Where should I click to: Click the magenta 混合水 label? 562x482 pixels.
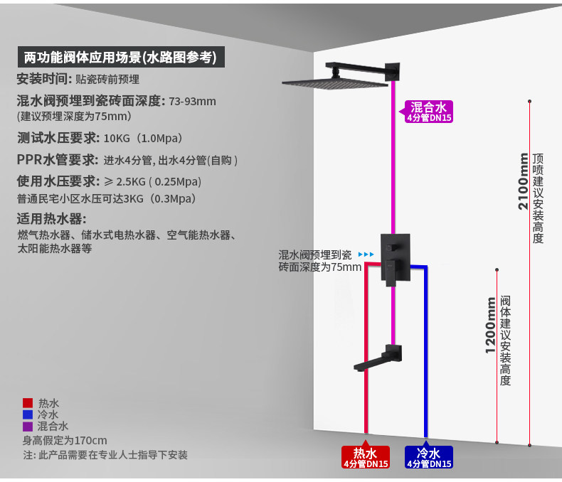click(x=429, y=112)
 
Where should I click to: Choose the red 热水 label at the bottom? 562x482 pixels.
click(x=366, y=456)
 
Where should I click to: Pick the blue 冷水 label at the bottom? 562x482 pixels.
click(x=428, y=456)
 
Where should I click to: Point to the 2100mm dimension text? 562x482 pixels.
click(x=524, y=181)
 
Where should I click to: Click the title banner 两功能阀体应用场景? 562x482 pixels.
click(x=120, y=57)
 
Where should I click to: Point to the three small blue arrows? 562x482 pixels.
click(x=366, y=254)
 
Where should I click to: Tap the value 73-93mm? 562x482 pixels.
click(x=192, y=101)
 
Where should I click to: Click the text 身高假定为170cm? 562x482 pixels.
click(x=65, y=440)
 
